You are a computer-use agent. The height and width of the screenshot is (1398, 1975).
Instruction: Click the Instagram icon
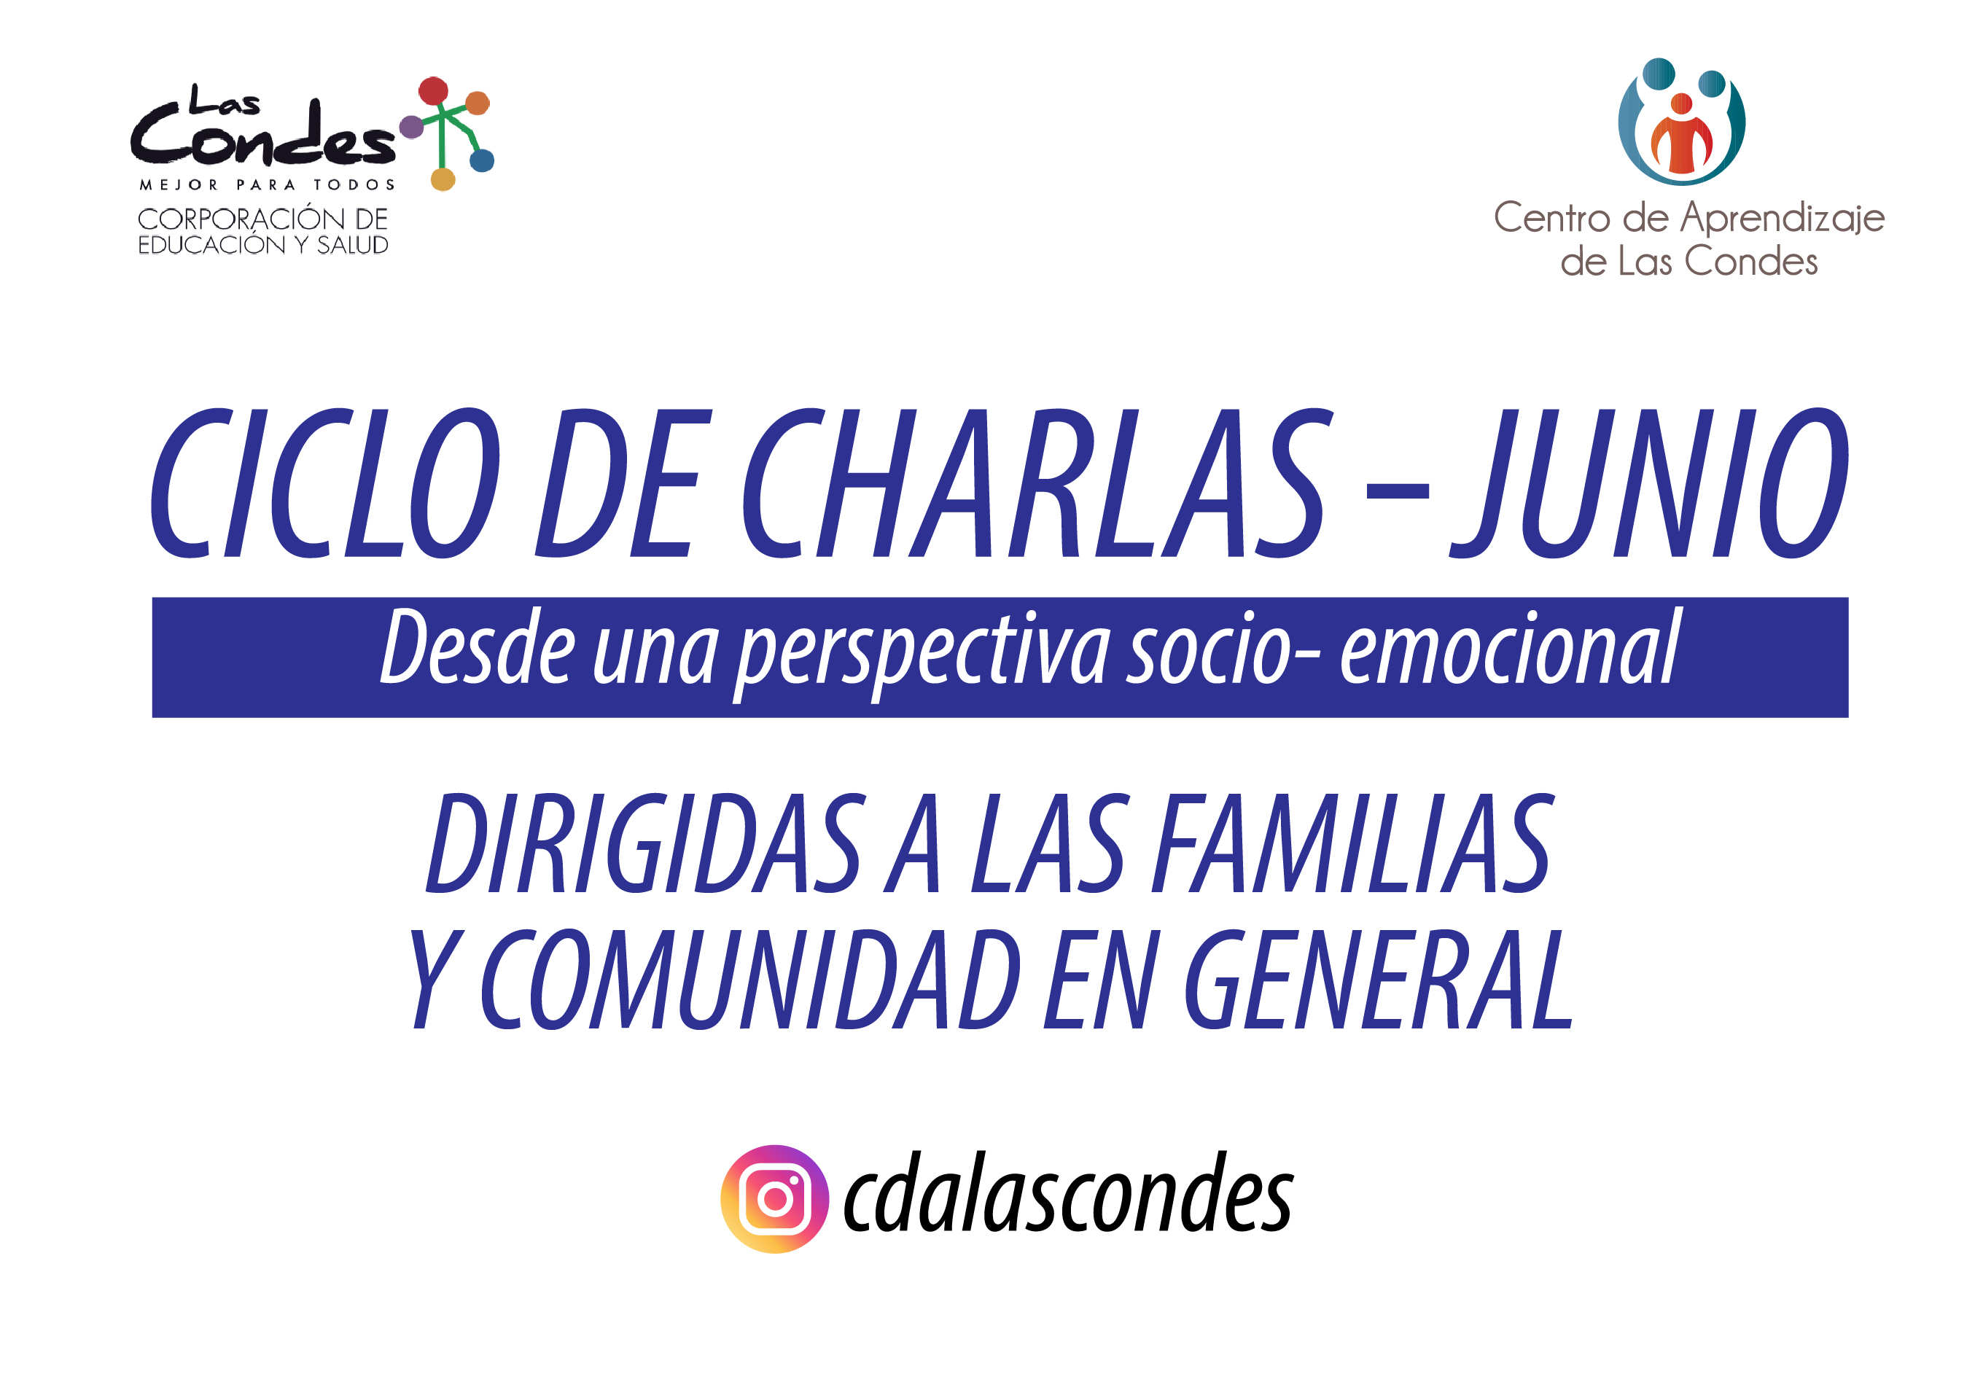(774, 1198)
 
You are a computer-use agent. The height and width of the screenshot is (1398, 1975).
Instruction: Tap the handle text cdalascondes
(1067, 1193)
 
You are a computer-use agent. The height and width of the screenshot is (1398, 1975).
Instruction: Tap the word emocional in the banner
(1509, 647)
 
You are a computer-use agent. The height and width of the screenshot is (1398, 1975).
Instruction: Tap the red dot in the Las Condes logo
(433, 90)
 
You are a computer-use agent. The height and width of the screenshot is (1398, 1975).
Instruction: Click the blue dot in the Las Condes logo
(482, 160)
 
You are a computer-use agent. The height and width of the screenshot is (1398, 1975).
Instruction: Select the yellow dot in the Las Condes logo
(443, 179)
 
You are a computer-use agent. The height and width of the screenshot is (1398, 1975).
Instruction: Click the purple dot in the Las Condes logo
(411, 128)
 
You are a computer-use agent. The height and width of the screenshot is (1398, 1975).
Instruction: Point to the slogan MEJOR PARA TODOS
(267, 185)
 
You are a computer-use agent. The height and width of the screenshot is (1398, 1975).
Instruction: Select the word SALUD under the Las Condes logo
(352, 246)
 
